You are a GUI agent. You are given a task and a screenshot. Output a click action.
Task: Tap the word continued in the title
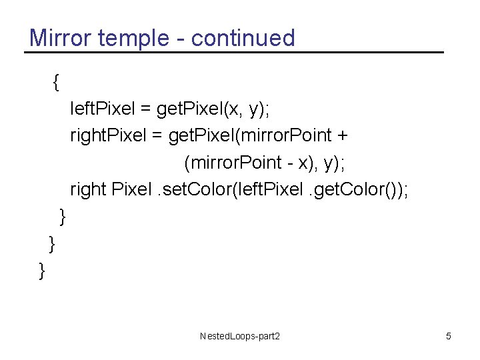point(243,38)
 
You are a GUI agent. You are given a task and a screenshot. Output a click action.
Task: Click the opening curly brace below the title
point(56,82)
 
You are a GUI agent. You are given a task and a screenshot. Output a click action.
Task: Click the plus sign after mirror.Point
point(342,136)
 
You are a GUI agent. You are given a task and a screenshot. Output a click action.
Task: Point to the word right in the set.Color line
point(88,190)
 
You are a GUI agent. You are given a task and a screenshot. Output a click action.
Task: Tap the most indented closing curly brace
point(63,217)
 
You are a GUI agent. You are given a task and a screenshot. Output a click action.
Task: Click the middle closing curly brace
point(52,244)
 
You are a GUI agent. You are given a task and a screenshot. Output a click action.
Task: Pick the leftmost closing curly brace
point(42,271)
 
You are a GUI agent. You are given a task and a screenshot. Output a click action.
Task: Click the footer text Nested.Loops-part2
point(240,336)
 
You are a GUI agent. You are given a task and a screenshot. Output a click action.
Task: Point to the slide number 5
point(449,336)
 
